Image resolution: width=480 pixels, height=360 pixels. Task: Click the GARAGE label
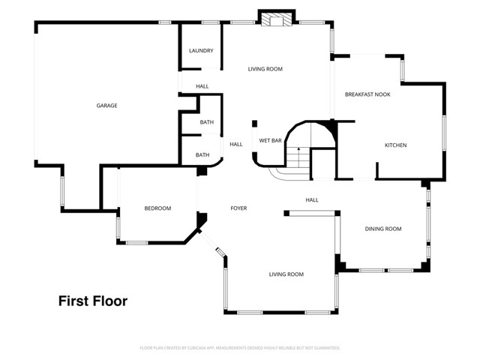click(x=106, y=106)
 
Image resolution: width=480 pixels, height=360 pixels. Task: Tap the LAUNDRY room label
click(x=201, y=51)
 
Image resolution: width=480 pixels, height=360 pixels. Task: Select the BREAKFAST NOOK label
click(x=367, y=94)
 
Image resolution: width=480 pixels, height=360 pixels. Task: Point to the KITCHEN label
click(x=395, y=145)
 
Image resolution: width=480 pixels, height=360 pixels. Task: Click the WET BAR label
click(x=270, y=140)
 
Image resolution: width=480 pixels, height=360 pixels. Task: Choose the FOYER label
click(x=238, y=208)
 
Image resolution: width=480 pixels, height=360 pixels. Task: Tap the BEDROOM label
click(x=157, y=208)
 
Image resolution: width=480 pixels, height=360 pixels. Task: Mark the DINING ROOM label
click(x=383, y=229)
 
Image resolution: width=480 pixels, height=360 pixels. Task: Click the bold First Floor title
click(x=93, y=301)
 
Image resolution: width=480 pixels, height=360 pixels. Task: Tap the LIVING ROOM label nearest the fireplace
click(x=265, y=69)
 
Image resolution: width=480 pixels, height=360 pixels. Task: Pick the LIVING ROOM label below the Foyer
click(x=286, y=274)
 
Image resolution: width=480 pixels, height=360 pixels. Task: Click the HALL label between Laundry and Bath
click(x=202, y=86)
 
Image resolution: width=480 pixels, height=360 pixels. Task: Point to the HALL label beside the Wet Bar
click(x=235, y=144)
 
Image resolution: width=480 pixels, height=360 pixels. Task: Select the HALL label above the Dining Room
click(x=312, y=200)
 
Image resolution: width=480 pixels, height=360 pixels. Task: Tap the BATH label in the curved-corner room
click(x=202, y=155)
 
